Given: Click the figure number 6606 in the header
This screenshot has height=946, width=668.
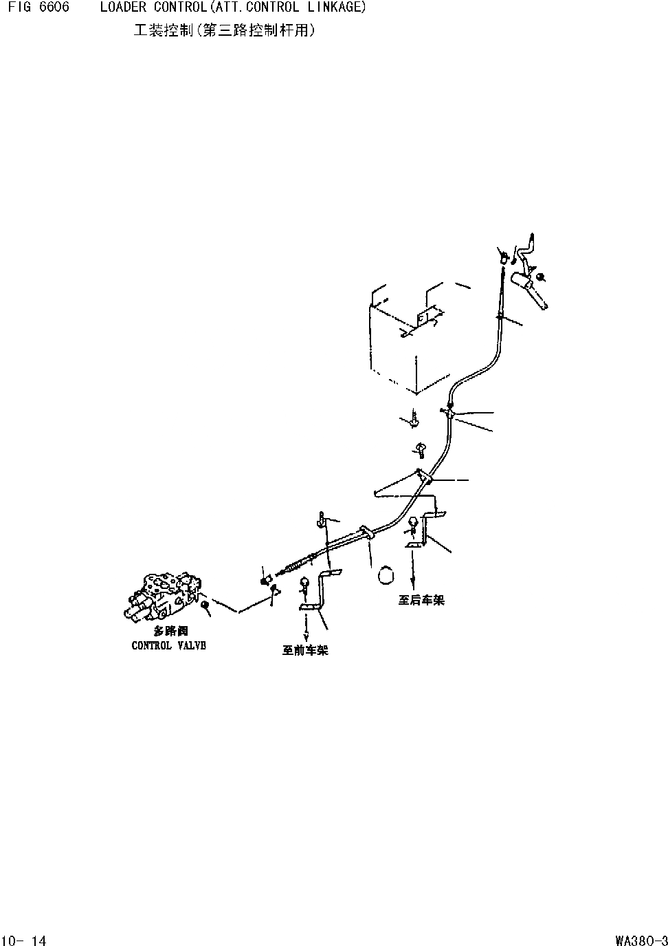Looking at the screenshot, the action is (52, 8).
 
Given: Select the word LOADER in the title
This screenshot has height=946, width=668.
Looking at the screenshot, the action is (119, 8).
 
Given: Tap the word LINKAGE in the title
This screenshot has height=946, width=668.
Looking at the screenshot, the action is (335, 8).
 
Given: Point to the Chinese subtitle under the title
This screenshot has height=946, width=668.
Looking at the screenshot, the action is (224, 31).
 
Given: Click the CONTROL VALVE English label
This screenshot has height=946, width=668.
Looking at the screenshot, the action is (168, 646).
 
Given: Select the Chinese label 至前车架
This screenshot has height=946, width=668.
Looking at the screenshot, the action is (305, 650).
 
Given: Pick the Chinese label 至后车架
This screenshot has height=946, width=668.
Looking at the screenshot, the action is (421, 600).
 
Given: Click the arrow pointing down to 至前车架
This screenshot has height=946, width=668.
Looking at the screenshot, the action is (306, 628).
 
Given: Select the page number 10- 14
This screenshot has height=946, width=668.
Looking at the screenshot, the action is (25, 940).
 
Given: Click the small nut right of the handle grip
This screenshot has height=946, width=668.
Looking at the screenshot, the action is (541, 277).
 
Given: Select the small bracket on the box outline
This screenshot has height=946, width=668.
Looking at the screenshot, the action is (427, 318).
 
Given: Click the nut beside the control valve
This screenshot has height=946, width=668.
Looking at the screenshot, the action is (205, 604).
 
